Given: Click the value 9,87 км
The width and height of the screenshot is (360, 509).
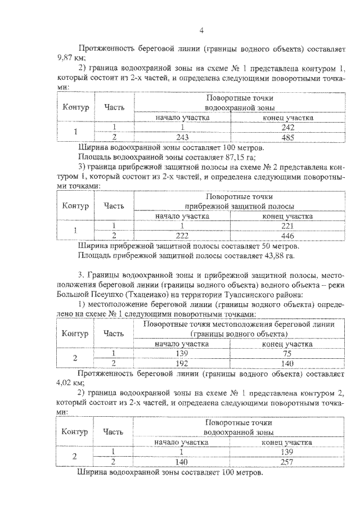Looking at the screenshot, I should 69,57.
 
